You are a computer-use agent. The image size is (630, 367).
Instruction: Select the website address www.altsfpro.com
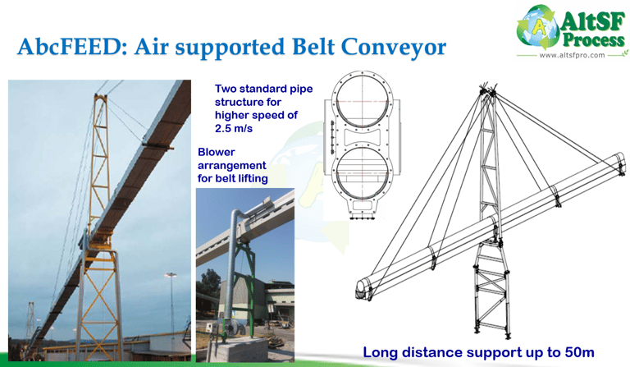(573, 56)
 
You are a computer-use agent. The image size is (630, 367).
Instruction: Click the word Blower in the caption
(217, 152)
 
